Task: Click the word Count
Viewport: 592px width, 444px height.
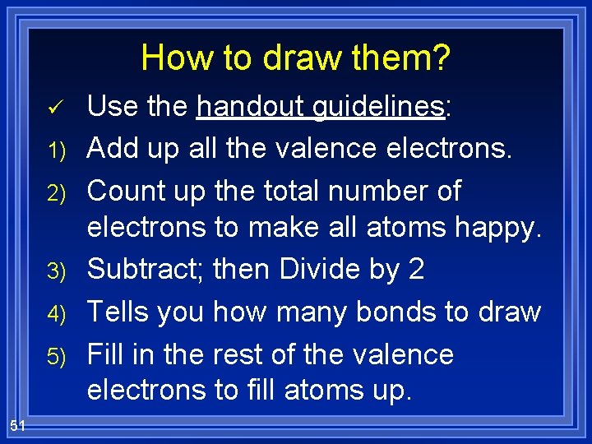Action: tap(123, 191)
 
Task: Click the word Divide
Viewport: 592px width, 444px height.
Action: tap(317, 270)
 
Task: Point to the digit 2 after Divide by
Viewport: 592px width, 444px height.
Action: tap(415, 270)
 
